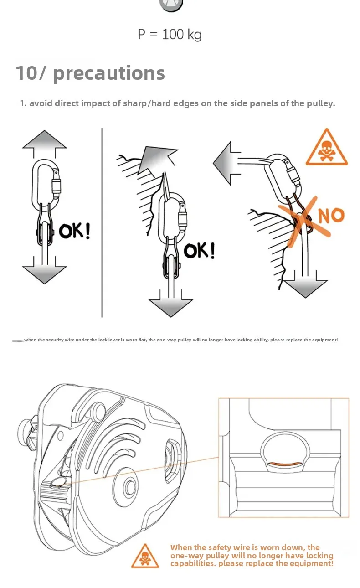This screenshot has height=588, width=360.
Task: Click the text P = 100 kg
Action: [x=170, y=35]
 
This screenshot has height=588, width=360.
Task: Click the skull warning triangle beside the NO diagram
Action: [x=326, y=149]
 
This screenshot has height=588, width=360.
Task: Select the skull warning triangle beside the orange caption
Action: [x=145, y=557]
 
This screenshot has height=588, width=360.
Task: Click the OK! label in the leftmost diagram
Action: [x=74, y=231]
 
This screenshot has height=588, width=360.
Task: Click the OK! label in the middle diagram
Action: [x=199, y=250]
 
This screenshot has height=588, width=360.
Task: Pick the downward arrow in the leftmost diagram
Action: [x=44, y=272]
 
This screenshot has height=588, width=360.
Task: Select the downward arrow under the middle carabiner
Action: [x=170, y=303]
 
